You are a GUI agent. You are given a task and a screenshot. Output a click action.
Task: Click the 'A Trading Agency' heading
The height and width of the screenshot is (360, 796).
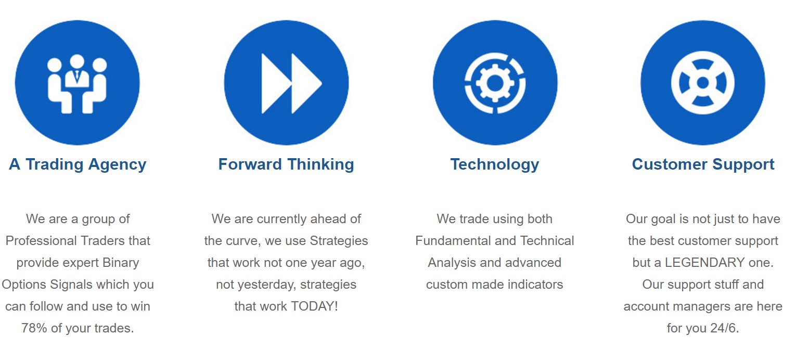pos(78,164)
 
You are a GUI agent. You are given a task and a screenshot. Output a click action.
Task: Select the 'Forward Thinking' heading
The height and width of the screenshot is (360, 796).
pos(286,164)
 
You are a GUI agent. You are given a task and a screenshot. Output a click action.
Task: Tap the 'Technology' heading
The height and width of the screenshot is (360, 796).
pos(495,164)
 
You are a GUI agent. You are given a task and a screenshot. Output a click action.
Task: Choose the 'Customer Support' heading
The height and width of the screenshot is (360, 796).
pos(703,164)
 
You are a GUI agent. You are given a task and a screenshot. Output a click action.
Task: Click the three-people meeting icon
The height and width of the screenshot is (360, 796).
pos(77,84)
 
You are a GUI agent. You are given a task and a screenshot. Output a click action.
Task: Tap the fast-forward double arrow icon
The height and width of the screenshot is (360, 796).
pos(291,84)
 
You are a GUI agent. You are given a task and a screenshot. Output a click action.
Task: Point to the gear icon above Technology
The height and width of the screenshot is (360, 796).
pos(495,83)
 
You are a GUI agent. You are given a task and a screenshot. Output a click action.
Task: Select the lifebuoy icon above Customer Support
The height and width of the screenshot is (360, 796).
pos(702,83)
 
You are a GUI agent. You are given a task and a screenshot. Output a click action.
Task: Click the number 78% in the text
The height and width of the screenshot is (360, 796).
pos(34,328)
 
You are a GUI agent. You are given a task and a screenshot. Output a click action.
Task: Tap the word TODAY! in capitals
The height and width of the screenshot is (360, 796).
pos(314,306)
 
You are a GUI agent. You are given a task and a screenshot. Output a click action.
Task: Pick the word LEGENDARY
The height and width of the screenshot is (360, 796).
pos(704,263)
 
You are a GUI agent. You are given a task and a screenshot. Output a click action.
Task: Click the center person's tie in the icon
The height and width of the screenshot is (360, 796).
pos(77,75)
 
